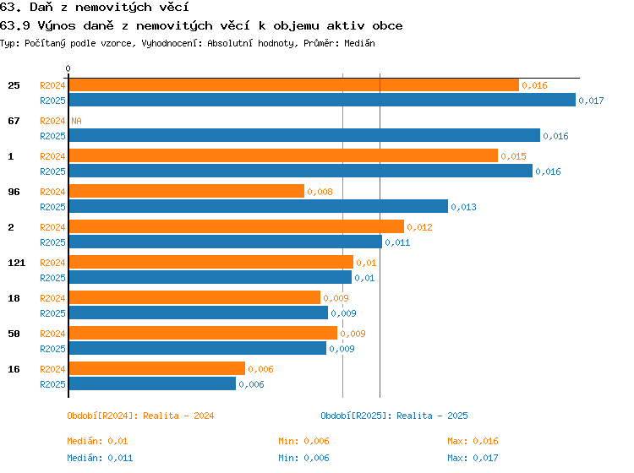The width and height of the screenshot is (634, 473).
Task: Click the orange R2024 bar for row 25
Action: (294, 85)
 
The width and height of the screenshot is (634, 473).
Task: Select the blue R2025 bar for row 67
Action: (304, 135)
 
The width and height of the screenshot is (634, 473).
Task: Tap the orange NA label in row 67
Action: (76, 121)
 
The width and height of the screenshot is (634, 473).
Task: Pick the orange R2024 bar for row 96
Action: (187, 191)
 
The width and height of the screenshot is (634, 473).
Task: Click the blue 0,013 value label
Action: (464, 207)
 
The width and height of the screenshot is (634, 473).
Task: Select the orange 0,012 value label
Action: (419, 227)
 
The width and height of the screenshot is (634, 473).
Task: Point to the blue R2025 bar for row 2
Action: (225, 242)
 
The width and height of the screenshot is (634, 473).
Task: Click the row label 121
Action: (17, 263)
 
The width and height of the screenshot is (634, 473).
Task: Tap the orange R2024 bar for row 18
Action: (194, 297)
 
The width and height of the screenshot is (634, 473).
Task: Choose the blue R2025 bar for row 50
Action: (197, 348)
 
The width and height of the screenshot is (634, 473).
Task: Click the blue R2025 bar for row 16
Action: (152, 383)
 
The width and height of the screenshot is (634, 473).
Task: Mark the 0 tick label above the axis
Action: (68, 68)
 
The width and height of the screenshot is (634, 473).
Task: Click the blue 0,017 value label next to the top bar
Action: (591, 101)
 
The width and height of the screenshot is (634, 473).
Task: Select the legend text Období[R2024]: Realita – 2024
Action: (140, 416)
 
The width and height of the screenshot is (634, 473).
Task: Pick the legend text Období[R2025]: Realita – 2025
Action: (394, 416)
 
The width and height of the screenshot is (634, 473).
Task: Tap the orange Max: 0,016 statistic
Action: (473, 441)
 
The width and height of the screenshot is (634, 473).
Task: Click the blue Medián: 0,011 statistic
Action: (100, 458)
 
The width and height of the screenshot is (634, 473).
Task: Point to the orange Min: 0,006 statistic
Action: (303, 441)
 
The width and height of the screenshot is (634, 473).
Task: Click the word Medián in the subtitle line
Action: (359, 43)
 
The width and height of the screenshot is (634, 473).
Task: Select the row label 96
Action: (14, 192)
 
